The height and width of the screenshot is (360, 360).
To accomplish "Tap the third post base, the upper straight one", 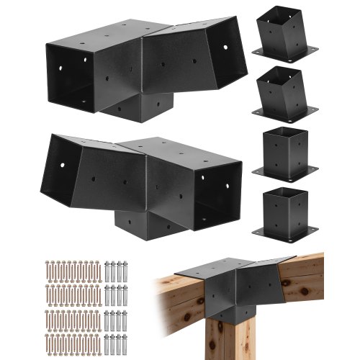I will pyautogui.click(x=285, y=153).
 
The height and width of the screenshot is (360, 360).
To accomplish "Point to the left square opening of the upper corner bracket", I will pyautogui.click(x=72, y=76).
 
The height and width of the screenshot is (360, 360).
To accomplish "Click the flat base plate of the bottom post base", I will pyautogui.click(x=285, y=231).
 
